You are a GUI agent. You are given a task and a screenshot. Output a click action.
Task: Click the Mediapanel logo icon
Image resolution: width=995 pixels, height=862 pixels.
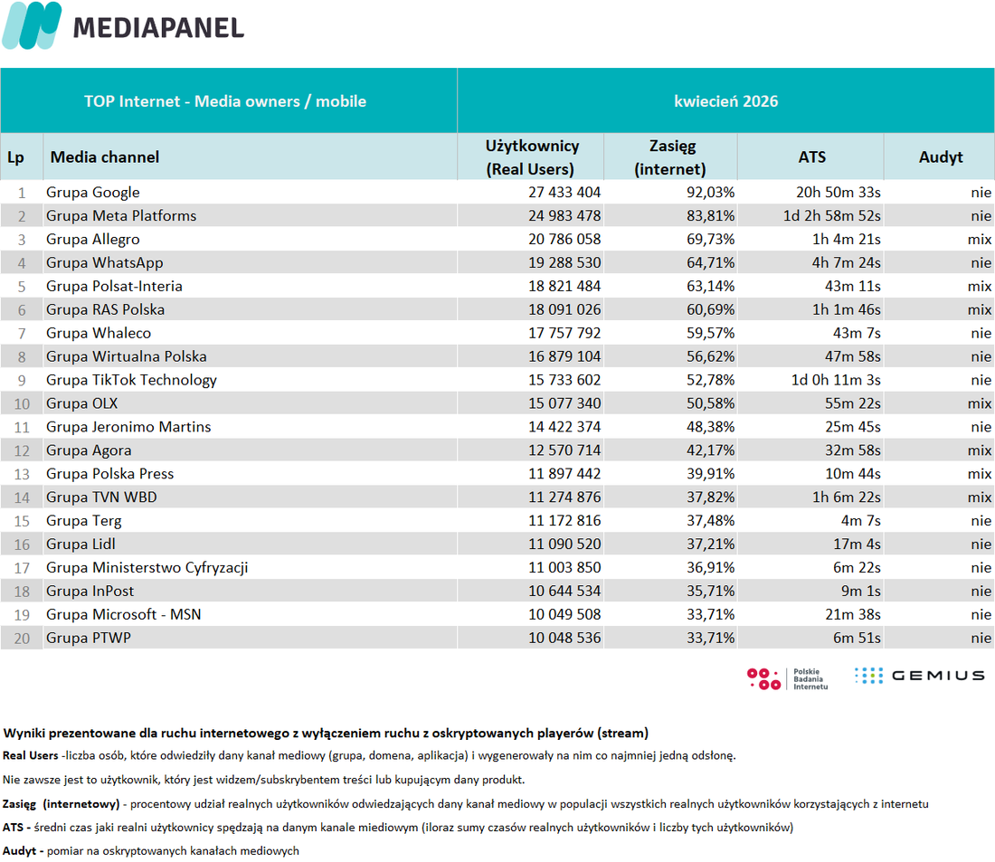tap(32, 25)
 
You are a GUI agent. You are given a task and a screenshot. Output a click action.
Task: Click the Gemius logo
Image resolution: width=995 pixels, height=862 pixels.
tap(919, 676)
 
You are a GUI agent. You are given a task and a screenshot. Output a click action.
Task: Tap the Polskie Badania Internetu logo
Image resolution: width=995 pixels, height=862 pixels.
tap(788, 678)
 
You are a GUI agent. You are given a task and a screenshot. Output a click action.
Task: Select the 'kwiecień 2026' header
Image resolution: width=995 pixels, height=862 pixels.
tap(726, 101)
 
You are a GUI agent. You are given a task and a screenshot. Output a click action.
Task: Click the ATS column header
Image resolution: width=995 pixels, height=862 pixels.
tap(811, 156)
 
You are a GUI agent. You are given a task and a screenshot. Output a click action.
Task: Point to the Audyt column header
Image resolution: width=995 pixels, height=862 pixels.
tap(941, 156)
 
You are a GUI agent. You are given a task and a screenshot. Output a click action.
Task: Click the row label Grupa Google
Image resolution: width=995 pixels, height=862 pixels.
tap(92, 193)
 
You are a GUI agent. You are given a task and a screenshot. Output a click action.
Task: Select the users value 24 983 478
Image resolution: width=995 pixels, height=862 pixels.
tap(564, 216)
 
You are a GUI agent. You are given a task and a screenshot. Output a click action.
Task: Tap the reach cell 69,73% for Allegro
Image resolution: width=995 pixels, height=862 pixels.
tap(710, 240)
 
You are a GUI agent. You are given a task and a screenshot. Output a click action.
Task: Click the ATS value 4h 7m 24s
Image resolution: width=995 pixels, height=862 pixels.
tap(846, 263)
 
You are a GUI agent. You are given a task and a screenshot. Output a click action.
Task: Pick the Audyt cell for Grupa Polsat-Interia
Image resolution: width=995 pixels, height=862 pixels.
tap(979, 286)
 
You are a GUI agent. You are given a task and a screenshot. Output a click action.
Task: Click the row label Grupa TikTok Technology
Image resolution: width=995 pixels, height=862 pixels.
tap(131, 380)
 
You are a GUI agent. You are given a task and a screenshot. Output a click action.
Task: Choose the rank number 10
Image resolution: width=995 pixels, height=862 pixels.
tap(23, 403)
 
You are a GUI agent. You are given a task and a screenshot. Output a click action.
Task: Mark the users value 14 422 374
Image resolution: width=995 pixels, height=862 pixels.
tap(564, 427)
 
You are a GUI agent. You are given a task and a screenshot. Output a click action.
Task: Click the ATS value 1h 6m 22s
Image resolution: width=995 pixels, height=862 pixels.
tap(846, 497)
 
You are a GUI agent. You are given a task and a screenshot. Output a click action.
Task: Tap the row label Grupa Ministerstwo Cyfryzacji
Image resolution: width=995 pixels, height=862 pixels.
tap(147, 567)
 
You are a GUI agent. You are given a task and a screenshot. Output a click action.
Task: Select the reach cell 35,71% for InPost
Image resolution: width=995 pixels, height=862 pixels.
tap(710, 591)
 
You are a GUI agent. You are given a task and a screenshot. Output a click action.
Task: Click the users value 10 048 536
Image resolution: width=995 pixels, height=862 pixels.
tap(564, 638)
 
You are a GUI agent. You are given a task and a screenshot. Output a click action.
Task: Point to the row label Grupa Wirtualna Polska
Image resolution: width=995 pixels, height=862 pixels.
tap(127, 356)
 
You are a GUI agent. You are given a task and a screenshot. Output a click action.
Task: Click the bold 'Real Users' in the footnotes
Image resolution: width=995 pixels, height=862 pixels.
tap(30, 755)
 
